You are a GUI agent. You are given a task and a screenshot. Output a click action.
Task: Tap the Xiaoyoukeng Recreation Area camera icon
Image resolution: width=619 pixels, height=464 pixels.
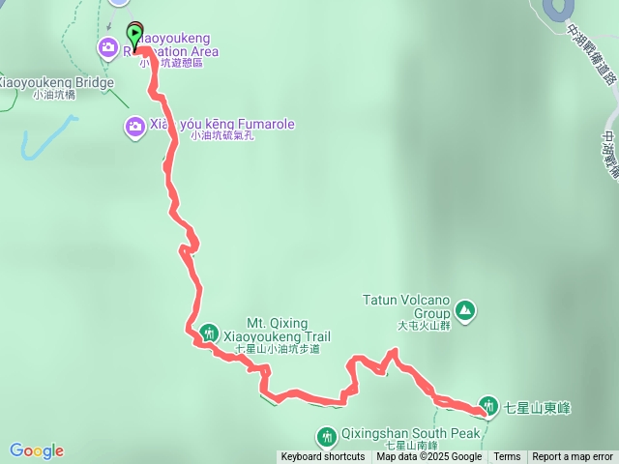(x=108, y=46)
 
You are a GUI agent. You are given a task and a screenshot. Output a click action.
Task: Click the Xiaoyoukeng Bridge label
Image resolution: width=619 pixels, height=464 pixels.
(x=55, y=82)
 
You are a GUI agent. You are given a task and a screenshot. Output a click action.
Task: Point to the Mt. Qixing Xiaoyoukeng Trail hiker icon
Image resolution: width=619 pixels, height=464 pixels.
(x=209, y=334)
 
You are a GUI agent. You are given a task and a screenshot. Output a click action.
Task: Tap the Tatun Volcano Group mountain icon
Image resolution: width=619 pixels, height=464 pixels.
(x=465, y=309)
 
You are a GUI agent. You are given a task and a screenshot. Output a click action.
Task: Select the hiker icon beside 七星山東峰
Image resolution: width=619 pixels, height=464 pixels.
(x=489, y=406)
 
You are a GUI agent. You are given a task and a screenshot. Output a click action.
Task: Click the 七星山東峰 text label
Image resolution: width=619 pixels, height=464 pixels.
(x=538, y=408)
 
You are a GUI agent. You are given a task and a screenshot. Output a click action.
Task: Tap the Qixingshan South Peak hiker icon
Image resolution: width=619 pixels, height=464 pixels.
(x=327, y=436)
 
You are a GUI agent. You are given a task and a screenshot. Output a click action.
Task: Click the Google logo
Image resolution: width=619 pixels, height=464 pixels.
(x=37, y=450)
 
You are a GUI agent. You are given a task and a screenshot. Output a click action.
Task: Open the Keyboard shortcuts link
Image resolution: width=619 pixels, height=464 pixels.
(x=323, y=457)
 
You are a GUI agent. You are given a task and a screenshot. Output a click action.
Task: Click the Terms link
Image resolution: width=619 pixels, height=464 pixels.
(x=507, y=457)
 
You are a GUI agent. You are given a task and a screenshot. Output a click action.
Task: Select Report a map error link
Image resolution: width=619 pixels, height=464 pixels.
(x=573, y=457)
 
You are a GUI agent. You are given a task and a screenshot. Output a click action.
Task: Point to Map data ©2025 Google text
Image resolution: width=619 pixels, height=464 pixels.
(x=429, y=457)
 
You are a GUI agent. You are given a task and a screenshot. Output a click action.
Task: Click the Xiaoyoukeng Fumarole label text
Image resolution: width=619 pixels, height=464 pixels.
(x=221, y=125)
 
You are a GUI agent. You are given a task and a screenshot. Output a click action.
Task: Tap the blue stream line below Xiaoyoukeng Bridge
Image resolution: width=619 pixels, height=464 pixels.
(x=44, y=136)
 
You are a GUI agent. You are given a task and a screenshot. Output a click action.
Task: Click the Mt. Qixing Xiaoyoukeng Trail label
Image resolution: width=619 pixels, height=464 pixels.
(x=276, y=329)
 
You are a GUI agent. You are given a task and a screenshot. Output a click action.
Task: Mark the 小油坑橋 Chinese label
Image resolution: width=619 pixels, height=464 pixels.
(x=56, y=95)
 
